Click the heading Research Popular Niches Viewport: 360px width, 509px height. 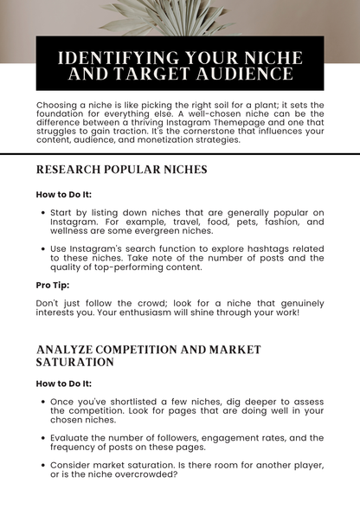click(x=121, y=170)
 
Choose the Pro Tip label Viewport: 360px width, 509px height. click(x=54, y=285)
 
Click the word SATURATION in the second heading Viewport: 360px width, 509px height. click(x=74, y=362)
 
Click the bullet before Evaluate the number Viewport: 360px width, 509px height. click(x=43, y=438)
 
